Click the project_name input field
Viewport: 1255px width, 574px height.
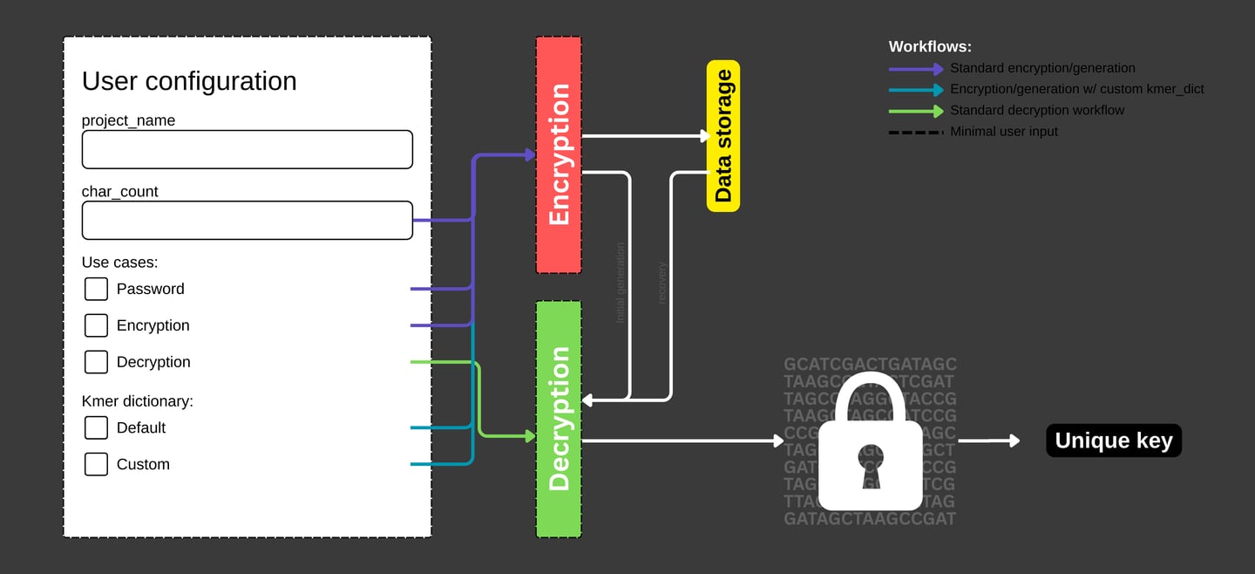(x=247, y=149)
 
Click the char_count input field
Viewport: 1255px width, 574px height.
(x=247, y=221)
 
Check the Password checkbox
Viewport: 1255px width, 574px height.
(x=96, y=289)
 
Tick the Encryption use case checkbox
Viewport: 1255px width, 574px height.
(x=96, y=325)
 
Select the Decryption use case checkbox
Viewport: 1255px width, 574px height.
(x=96, y=362)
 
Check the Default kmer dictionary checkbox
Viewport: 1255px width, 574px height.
(x=96, y=427)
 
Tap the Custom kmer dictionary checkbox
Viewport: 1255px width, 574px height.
(x=96, y=464)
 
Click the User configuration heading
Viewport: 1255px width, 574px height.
(x=189, y=81)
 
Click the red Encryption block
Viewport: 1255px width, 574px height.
(x=559, y=155)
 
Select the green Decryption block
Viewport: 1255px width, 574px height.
(x=559, y=419)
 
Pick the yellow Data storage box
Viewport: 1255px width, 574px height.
(x=723, y=136)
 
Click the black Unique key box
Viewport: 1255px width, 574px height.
(x=1114, y=441)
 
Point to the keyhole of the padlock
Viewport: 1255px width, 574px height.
(x=870, y=463)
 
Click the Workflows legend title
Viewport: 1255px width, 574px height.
(x=930, y=47)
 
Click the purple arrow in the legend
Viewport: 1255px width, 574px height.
(x=916, y=68)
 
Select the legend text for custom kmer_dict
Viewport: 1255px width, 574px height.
(x=1077, y=89)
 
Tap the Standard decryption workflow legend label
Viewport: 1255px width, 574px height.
(x=1037, y=110)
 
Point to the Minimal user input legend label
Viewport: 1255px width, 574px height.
(x=1004, y=131)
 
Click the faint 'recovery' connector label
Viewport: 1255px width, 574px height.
(x=661, y=283)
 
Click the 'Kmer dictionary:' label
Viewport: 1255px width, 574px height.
(x=137, y=401)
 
